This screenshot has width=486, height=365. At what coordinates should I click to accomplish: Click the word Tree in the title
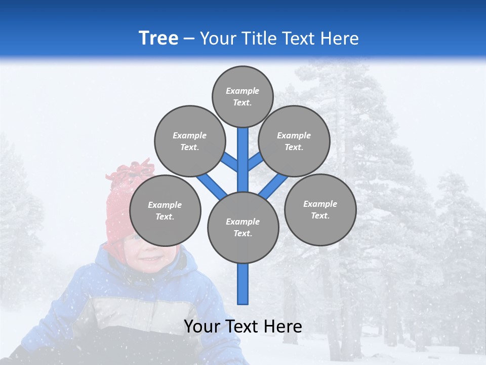click(158, 38)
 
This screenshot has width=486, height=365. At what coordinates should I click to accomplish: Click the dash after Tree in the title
click(189, 39)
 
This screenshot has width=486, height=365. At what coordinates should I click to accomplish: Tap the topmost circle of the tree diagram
click(242, 96)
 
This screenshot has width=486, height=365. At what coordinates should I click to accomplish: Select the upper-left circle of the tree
click(189, 141)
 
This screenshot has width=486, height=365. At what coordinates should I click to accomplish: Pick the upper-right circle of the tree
click(294, 141)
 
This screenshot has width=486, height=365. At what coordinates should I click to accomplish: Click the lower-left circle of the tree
click(165, 210)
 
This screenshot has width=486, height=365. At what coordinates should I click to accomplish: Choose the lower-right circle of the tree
click(320, 209)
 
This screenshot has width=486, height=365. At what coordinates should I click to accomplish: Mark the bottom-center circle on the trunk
click(243, 228)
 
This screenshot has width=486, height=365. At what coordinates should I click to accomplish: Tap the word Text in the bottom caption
click(242, 326)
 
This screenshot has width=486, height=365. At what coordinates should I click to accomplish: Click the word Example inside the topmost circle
click(242, 91)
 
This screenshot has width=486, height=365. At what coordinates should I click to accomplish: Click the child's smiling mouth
click(150, 260)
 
